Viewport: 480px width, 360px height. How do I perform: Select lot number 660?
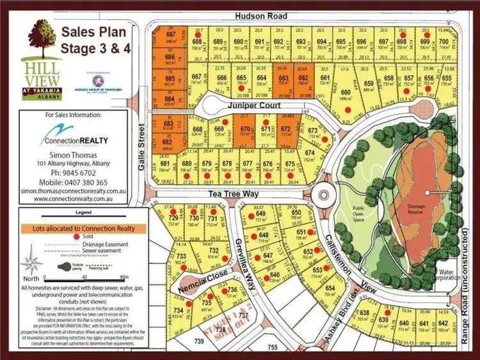[x=347, y=93]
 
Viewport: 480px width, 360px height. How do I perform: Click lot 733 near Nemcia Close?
[x=182, y=256]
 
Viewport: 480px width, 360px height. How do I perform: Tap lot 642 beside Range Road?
[x=443, y=323]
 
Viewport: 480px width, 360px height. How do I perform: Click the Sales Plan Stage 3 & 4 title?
[x=93, y=40]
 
